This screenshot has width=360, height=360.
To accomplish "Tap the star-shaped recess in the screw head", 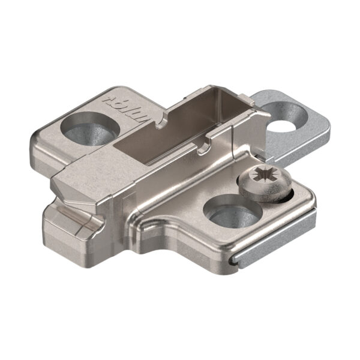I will point(262,178).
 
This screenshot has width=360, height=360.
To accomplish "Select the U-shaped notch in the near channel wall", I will point(208,142).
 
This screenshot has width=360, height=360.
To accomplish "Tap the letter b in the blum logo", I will point(110,96).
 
